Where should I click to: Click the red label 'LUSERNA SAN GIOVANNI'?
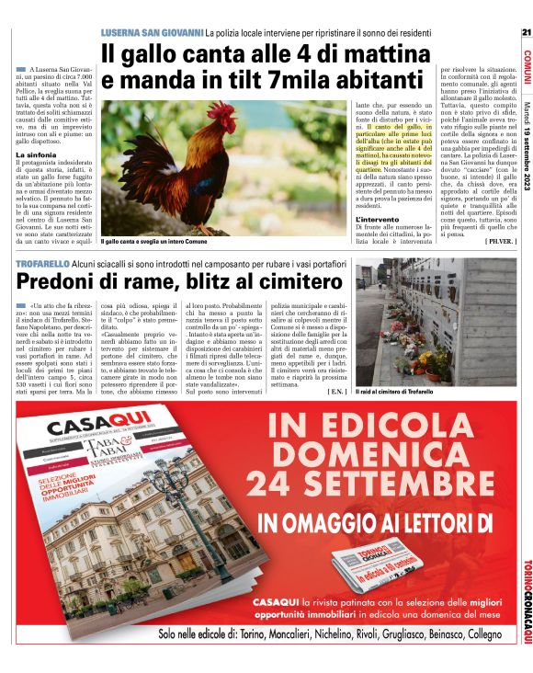coord(152,33)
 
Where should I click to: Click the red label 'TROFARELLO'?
coord(41,265)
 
